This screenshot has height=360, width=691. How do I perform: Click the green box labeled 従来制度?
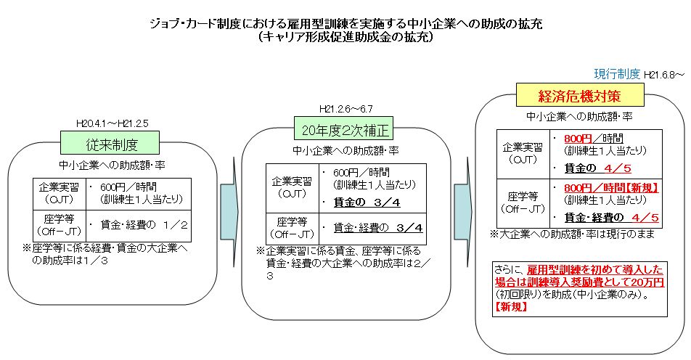[110, 143]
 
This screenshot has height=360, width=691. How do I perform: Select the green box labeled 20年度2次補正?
[343, 128]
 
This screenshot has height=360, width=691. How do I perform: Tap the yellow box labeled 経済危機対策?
[579, 95]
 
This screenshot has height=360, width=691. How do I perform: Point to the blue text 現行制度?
[616, 74]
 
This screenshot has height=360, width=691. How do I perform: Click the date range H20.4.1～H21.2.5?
[113, 123]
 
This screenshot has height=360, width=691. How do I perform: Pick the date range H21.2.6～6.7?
[346, 109]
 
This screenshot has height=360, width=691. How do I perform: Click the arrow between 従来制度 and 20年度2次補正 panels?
[229, 212]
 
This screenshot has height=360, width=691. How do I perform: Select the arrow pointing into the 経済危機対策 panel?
[463, 212]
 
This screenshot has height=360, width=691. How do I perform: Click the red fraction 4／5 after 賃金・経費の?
[645, 217]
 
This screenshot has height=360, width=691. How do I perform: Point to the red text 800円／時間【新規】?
[611, 188]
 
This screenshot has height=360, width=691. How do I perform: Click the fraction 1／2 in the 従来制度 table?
[175, 225]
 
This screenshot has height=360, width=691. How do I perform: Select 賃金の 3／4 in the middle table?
[367, 202]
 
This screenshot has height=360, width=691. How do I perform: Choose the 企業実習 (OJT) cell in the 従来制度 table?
[60, 194]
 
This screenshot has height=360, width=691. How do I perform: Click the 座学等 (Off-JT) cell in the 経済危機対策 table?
[523, 203]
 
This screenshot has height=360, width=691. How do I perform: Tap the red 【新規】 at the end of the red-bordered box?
[511, 307]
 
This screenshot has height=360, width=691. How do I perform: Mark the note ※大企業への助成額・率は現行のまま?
[573, 234]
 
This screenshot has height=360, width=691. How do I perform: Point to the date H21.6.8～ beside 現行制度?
[664, 75]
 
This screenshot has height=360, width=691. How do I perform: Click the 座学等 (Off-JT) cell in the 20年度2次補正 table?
[293, 228]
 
